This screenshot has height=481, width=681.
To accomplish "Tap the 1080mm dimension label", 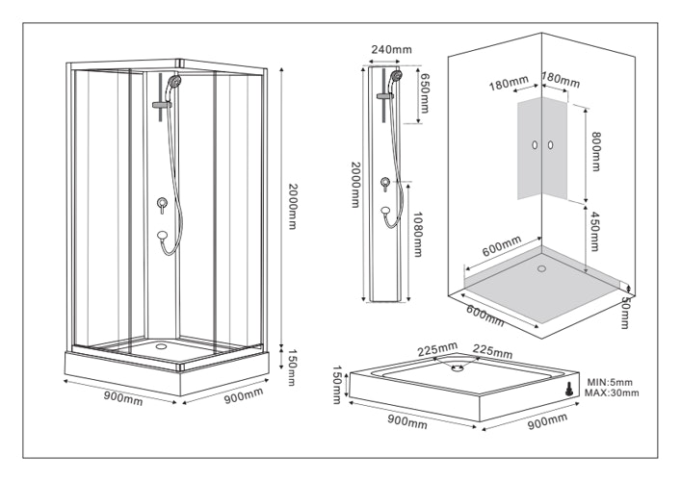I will click(x=418, y=235).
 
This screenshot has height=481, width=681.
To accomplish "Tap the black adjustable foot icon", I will click(x=570, y=389).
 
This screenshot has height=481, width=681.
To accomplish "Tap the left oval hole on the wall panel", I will click(x=532, y=144).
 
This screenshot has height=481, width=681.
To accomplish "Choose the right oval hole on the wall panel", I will click(x=552, y=144).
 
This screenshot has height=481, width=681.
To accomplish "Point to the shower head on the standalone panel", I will click(x=396, y=74).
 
